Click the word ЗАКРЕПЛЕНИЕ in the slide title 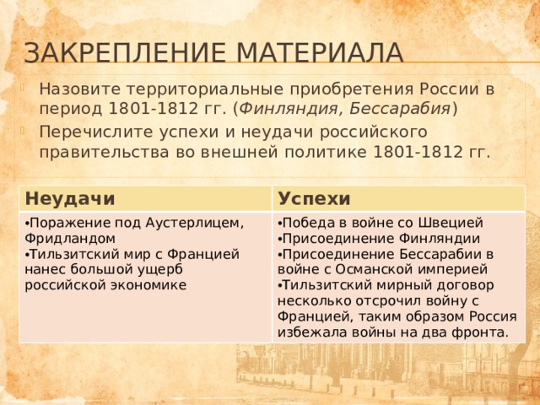click(x=125, y=52)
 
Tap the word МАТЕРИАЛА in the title click(x=320, y=52)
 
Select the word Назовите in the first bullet click(x=80, y=89)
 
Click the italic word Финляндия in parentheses click(x=289, y=109)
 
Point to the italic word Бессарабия click(x=400, y=109)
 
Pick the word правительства click(x=104, y=152)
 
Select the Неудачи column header click(x=70, y=199)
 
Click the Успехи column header click(x=314, y=199)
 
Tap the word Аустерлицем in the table click(x=195, y=223)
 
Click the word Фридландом click(x=70, y=238)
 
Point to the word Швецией click(x=451, y=223)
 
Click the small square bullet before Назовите click(x=23, y=88)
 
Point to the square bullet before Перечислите click(x=23, y=131)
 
